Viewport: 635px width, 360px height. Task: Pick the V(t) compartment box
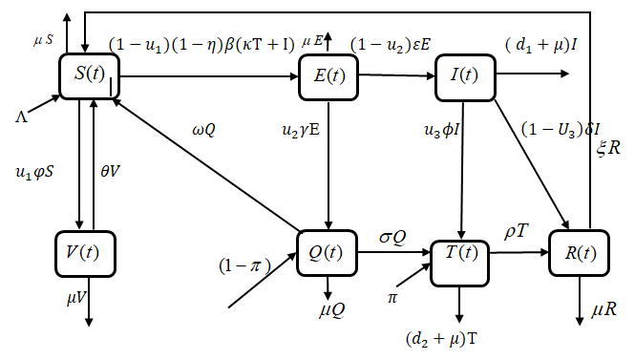[86, 253]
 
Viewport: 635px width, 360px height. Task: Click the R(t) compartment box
[578, 254]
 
